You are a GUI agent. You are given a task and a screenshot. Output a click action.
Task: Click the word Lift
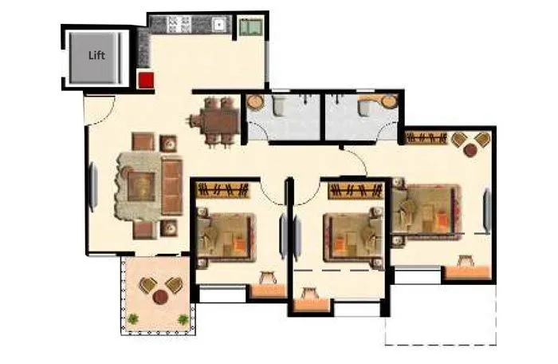(96, 55)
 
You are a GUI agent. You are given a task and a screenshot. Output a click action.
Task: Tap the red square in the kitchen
(146, 78)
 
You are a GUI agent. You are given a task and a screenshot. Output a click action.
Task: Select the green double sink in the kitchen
(251, 26)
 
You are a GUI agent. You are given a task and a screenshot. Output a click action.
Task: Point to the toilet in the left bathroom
(283, 107)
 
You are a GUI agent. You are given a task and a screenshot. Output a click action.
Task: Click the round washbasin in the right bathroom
(388, 102)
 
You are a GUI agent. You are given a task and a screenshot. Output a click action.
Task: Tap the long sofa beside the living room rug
(171, 186)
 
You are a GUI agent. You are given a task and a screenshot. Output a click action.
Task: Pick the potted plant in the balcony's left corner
(133, 319)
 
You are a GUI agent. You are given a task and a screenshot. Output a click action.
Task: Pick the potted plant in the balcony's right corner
(183, 319)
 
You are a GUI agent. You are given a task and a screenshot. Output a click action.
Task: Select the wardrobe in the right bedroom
(427, 137)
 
